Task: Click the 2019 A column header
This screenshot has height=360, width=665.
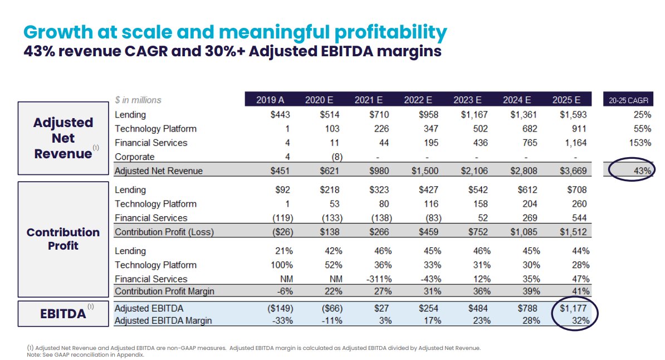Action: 270,100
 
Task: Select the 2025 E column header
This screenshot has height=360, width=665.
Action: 566,100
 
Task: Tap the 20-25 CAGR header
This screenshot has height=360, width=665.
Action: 629,100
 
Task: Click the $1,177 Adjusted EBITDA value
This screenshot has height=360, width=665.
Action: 574,308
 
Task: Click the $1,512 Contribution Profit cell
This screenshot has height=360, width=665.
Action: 574,232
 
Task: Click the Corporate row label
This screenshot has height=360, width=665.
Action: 135,157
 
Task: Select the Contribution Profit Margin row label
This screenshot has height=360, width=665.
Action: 164,291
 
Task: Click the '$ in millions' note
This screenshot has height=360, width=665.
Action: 138,100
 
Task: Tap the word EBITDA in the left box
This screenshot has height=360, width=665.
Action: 63,314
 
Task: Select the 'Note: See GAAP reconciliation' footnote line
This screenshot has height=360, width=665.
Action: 85,355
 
